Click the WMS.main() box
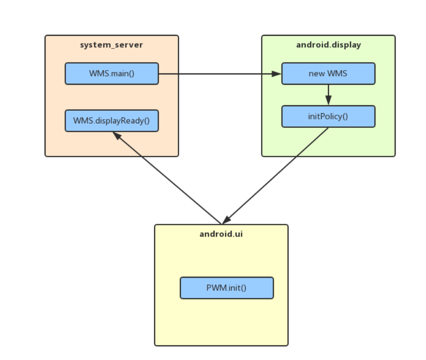point(112,73)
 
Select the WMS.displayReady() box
point(112,120)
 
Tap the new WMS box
point(328,73)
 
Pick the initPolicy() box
point(328,117)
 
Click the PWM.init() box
point(226,288)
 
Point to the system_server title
point(112,45)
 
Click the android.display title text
point(328,45)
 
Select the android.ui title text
point(221,234)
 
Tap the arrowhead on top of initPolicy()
point(328,101)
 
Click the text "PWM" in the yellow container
point(215,288)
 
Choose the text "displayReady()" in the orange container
point(120,120)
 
